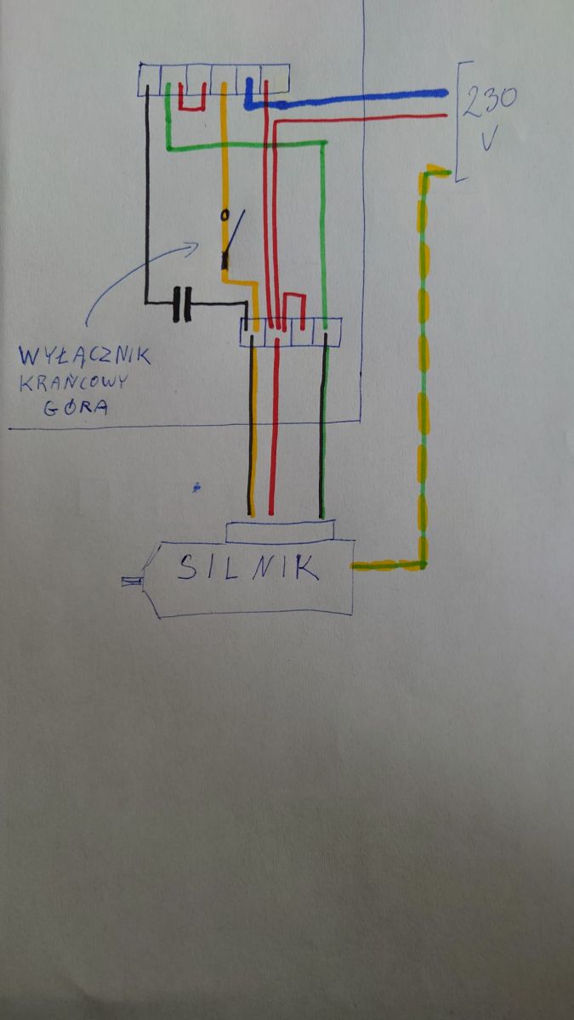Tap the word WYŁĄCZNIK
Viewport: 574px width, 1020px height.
[x=84, y=355]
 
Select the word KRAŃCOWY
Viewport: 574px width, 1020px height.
[x=73, y=382]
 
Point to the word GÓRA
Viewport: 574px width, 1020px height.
[x=76, y=406]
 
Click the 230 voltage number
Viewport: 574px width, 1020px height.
[x=490, y=100]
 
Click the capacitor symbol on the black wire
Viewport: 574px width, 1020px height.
[x=182, y=304]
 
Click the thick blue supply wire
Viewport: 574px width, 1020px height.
[x=346, y=98]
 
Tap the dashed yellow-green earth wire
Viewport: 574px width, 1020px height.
[x=423, y=365]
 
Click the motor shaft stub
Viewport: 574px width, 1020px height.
[x=132, y=581]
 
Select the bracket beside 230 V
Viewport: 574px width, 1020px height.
[x=461, y=121]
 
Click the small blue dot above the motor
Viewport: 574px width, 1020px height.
[x=196, y=488]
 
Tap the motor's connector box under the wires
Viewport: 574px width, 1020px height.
[x=280, y=532]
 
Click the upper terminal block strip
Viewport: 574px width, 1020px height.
[x=213, y=80]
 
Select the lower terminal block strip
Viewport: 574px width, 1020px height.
[x=291, y=332]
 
